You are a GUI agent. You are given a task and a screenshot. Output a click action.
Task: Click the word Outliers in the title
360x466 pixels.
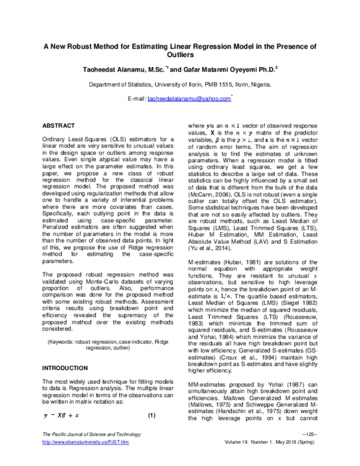click(179, 54)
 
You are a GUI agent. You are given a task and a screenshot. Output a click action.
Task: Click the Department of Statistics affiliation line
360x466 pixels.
click(180, 85)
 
